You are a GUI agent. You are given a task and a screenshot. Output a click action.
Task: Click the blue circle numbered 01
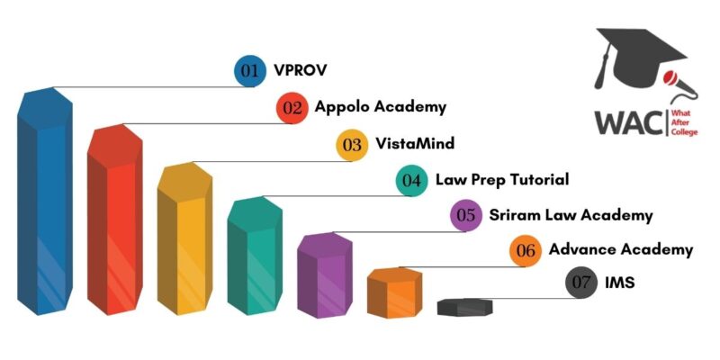[250, 71]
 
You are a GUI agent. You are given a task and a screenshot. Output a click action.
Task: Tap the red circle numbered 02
[292, 108]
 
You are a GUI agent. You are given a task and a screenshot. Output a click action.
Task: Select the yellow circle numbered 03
[352, 145]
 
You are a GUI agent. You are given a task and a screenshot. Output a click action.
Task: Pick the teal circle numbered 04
[411, 181]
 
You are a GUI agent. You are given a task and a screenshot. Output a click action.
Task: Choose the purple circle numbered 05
[466, 215]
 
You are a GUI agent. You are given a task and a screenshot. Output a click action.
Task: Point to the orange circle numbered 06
[526, 251]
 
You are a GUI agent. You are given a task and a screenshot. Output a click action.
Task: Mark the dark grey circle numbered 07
[580, 283]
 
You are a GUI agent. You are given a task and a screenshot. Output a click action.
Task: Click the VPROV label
[301, 71]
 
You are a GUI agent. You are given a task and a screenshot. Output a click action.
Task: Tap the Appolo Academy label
[380, 107]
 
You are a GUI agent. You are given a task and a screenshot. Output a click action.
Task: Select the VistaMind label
[415, 143]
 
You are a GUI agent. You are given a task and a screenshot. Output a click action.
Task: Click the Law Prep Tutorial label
[502, 179]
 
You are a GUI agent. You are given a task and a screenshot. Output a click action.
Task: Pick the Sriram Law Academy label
[571, 215]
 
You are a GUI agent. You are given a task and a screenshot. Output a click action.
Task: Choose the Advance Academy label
[621, 250]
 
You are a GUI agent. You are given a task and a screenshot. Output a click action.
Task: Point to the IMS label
[620, 283]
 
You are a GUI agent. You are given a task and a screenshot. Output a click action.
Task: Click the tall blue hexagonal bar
[44, 201]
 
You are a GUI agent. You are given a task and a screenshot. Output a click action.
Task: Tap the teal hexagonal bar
[255, 256]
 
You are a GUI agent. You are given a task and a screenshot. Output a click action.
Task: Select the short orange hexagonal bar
[394, 292]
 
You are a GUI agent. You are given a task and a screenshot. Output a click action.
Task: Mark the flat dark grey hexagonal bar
[464, 307]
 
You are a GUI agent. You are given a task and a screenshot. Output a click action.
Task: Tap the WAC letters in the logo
[629, 122]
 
